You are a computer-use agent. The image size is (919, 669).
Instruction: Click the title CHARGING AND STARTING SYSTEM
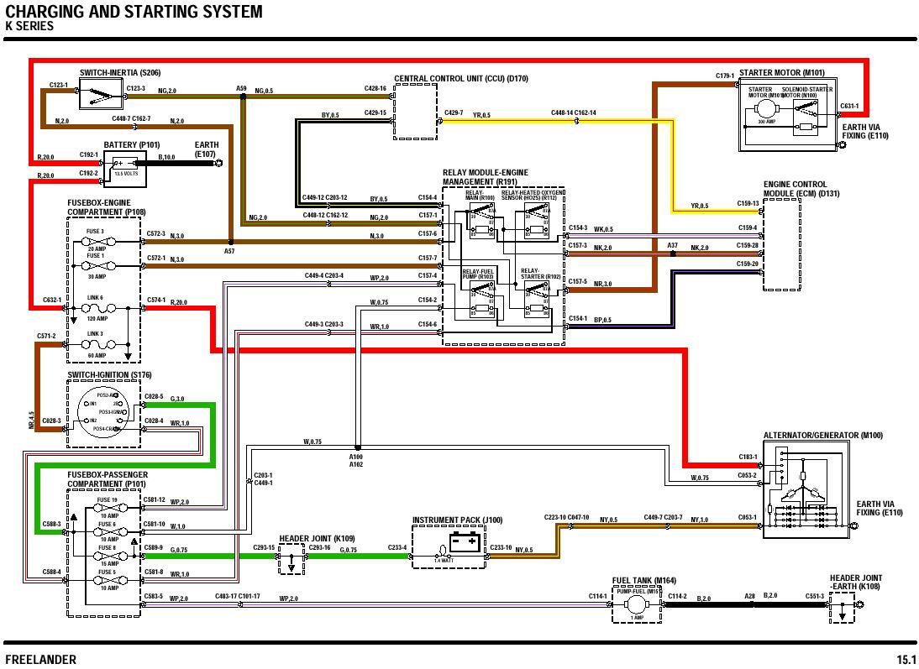pos(134,12)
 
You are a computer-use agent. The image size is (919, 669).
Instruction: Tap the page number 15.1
pos(906,659)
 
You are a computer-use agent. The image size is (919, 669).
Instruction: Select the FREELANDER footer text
pos(40,659)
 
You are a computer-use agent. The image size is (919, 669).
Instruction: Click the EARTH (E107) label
pos(206,149)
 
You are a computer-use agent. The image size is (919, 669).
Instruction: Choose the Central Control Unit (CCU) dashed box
pos(417,112)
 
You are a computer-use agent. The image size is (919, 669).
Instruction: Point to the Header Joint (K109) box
pos(291,558)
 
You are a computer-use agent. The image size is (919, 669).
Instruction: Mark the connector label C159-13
pos(748,203)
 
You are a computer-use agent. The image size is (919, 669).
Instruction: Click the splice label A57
pos(229,251)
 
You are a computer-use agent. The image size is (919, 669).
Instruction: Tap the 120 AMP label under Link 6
pos(97,319)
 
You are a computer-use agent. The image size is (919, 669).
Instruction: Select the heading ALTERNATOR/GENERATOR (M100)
pos(822,436)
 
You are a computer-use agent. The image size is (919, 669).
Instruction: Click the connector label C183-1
pos(748,457)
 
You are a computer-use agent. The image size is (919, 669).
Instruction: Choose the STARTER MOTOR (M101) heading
pos(781,73)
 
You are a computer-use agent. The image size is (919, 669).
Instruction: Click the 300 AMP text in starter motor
pos(765,122)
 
